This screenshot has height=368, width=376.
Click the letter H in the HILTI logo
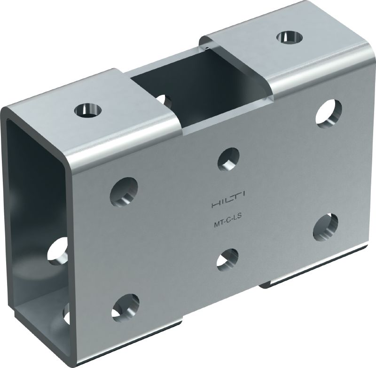tap(215, 205)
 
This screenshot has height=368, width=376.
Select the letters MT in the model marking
tap(218, 224)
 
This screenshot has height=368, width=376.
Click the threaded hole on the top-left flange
tap(87, 110)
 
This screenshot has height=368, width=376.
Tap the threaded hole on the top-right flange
tap(289, 38)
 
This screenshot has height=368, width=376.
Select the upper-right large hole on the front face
tap(329, 113)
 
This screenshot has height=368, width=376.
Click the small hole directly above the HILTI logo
tap(228, 159)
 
